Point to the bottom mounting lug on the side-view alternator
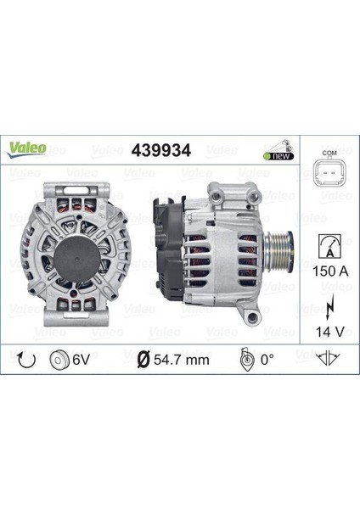point(251,316)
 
